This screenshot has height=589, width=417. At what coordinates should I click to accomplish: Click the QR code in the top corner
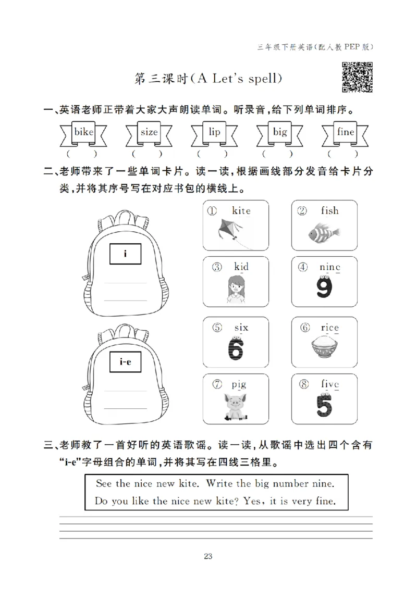point(357,77)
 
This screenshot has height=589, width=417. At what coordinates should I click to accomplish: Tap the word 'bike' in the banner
point(83,132)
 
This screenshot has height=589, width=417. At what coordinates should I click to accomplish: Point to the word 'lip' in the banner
point(214,132)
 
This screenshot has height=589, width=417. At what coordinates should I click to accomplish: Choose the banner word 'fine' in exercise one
point(345,132)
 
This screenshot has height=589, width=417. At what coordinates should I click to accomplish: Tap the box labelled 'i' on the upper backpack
point(125,254)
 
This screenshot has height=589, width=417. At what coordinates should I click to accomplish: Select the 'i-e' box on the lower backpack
point(125,362)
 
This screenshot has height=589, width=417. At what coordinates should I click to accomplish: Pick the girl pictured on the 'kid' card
point(236,290)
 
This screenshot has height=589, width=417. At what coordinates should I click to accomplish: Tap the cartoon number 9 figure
point(324,288)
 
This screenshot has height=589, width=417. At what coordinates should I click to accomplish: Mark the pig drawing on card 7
point(236,406)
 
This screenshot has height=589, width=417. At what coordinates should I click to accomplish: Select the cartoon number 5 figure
point(325,406)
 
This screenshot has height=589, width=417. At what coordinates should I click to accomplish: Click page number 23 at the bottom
point(208,556)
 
